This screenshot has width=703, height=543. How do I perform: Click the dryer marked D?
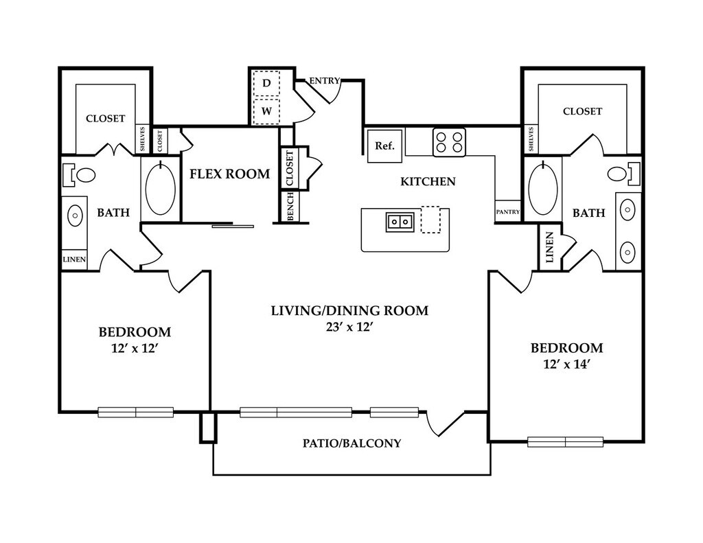(x=266, y=83)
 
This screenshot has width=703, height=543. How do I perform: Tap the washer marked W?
(x=266, y=111)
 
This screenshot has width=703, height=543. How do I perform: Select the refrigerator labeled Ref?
(x=384, y=146)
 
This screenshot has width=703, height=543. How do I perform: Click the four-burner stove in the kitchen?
(x=449, y=142)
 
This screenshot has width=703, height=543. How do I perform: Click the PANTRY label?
(x=507, y=211)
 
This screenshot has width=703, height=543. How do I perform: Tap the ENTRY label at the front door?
(x=324, y=81)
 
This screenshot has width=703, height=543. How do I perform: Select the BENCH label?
(x=290, y=207)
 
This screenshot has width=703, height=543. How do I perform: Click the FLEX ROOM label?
(x=229, y=174)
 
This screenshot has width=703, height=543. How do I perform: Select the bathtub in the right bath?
(x=543, y=188)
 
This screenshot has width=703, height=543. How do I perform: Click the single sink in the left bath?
(x=75, y=216)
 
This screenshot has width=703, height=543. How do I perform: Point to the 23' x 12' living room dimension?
(x=349, y=327)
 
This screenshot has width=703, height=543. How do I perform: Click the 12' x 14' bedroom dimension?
(x=566, y=365)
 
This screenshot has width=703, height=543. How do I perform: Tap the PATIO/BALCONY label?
(x=352, y=443)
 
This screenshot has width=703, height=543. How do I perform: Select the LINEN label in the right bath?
(x=549, y=248)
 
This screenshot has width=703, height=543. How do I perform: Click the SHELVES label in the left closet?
(x=143, y=139)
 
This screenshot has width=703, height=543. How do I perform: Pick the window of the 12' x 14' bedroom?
(x=566, y=442)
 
